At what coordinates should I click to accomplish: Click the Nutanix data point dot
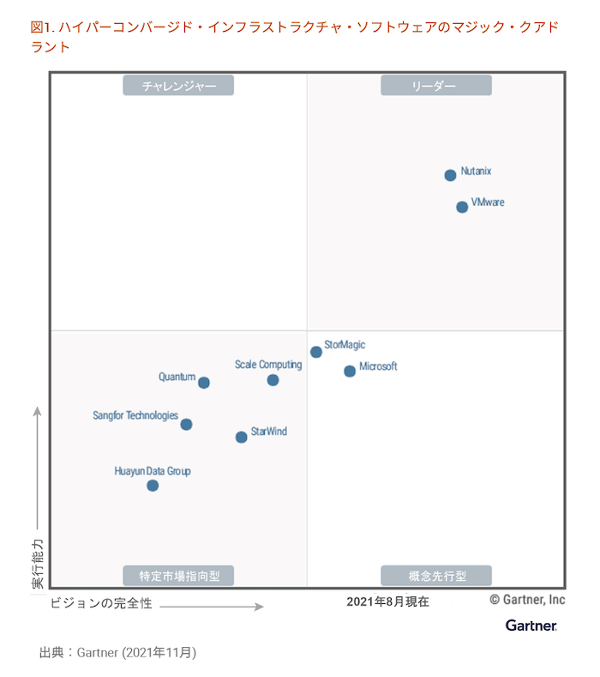coord(450,175)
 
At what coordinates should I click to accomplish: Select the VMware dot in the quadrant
coord(462,207)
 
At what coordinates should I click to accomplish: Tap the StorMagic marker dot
coord(316,352)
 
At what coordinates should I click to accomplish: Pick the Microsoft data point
coord(350,372)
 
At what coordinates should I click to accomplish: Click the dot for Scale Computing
coord(273,380)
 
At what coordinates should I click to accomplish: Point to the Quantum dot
coord(204,383)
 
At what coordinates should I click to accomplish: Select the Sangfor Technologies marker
coord(186,424)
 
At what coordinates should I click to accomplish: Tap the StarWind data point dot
coord(241,437)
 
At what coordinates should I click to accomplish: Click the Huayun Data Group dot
coord(153,486)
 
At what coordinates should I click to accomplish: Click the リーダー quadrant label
coord(435,85)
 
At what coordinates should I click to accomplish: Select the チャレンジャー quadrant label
coord(178,85)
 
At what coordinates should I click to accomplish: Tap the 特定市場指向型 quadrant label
coord(178,575)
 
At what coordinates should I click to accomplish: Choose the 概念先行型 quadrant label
coord(435,575)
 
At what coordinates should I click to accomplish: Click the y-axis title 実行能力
coord(38,564)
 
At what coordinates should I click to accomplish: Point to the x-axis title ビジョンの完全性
coord(101,603)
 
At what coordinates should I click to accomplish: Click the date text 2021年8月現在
coord(387,601)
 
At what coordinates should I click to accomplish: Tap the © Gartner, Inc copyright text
coord(527,599)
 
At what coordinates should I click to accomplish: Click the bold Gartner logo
coord(531,626)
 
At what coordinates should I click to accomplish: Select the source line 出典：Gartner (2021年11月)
coord(118,652)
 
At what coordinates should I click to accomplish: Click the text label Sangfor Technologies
coord(135,415)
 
